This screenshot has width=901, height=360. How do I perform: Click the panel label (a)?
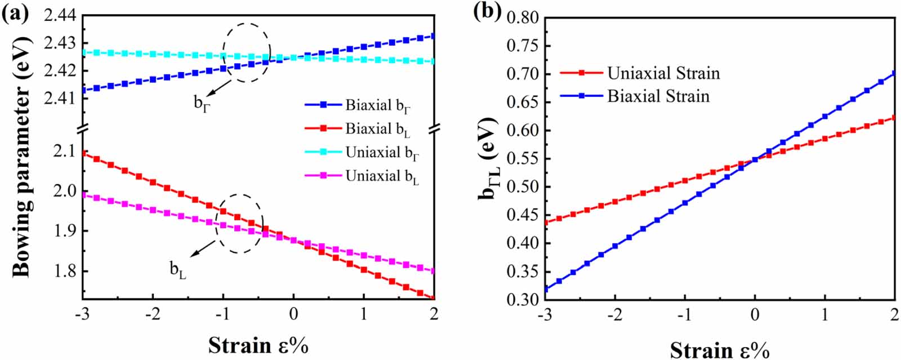click(15, 12)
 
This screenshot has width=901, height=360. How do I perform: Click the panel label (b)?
click(487, 11)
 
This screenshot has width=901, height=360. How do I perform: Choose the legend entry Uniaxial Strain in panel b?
click(663, 73)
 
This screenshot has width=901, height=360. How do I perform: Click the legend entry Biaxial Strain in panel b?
click(658, 96)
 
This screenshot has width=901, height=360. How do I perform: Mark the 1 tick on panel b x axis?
click(825, 314)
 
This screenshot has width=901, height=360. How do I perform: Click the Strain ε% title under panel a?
click(258, 345)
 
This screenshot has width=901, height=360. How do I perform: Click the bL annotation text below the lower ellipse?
click(178, 270)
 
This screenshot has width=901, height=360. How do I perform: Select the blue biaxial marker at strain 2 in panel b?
click(894, 73)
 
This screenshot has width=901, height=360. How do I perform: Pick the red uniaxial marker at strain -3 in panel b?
click(545, 222)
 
